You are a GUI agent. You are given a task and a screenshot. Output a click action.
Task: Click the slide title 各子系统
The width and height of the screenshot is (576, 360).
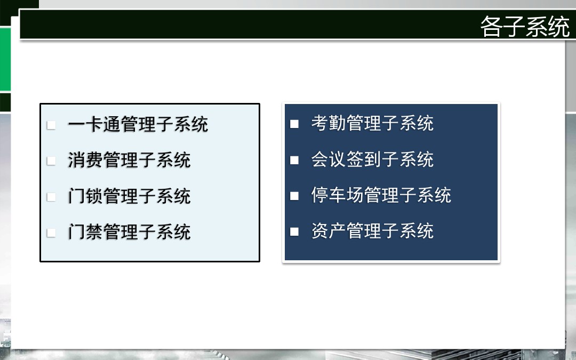coord(525,26)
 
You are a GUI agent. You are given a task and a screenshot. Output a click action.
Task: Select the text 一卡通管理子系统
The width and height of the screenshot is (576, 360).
coord(138,124)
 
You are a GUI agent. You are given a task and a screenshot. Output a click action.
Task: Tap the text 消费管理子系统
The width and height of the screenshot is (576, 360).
coord(129,160)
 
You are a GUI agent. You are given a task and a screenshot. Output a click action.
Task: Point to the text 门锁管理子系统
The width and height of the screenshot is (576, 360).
coord(129,196)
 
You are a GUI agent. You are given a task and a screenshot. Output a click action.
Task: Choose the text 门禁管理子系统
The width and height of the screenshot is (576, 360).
coord(129,232)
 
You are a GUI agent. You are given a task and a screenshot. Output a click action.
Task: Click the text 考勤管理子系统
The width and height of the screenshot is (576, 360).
coord(372,123)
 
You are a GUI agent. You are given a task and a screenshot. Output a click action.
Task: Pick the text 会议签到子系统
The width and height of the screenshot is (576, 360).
coord(372,159)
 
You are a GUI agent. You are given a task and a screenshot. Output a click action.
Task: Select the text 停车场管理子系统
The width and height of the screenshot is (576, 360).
coord(381,195)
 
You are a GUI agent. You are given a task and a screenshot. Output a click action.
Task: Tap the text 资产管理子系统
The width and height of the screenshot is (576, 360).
coord(372,231)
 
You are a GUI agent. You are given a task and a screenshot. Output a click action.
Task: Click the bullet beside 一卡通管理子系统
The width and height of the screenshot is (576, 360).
coord(51,125)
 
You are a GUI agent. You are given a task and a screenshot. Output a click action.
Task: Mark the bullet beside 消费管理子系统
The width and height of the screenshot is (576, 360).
coord(51,161)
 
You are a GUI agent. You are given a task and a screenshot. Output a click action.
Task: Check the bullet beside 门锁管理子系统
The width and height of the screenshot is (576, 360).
coord(51,197)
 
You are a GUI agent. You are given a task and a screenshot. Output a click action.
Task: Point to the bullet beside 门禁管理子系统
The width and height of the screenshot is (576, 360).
coord(51,233)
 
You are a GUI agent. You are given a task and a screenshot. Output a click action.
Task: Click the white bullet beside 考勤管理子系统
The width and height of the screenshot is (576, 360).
coord(294,124)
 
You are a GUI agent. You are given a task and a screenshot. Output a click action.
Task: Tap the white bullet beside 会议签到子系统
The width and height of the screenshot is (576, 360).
coord(294,160)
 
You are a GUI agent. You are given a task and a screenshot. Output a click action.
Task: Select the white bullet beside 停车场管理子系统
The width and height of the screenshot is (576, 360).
coord(294,196)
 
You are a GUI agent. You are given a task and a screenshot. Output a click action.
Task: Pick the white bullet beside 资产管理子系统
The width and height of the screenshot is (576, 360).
coord(294,232)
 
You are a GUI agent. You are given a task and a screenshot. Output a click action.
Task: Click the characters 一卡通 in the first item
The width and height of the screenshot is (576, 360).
coord(94,124)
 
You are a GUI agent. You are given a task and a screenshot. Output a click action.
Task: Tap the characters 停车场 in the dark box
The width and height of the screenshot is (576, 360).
coord(337,195)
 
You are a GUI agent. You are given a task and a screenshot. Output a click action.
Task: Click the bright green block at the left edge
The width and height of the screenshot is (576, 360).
coord(5,59)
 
